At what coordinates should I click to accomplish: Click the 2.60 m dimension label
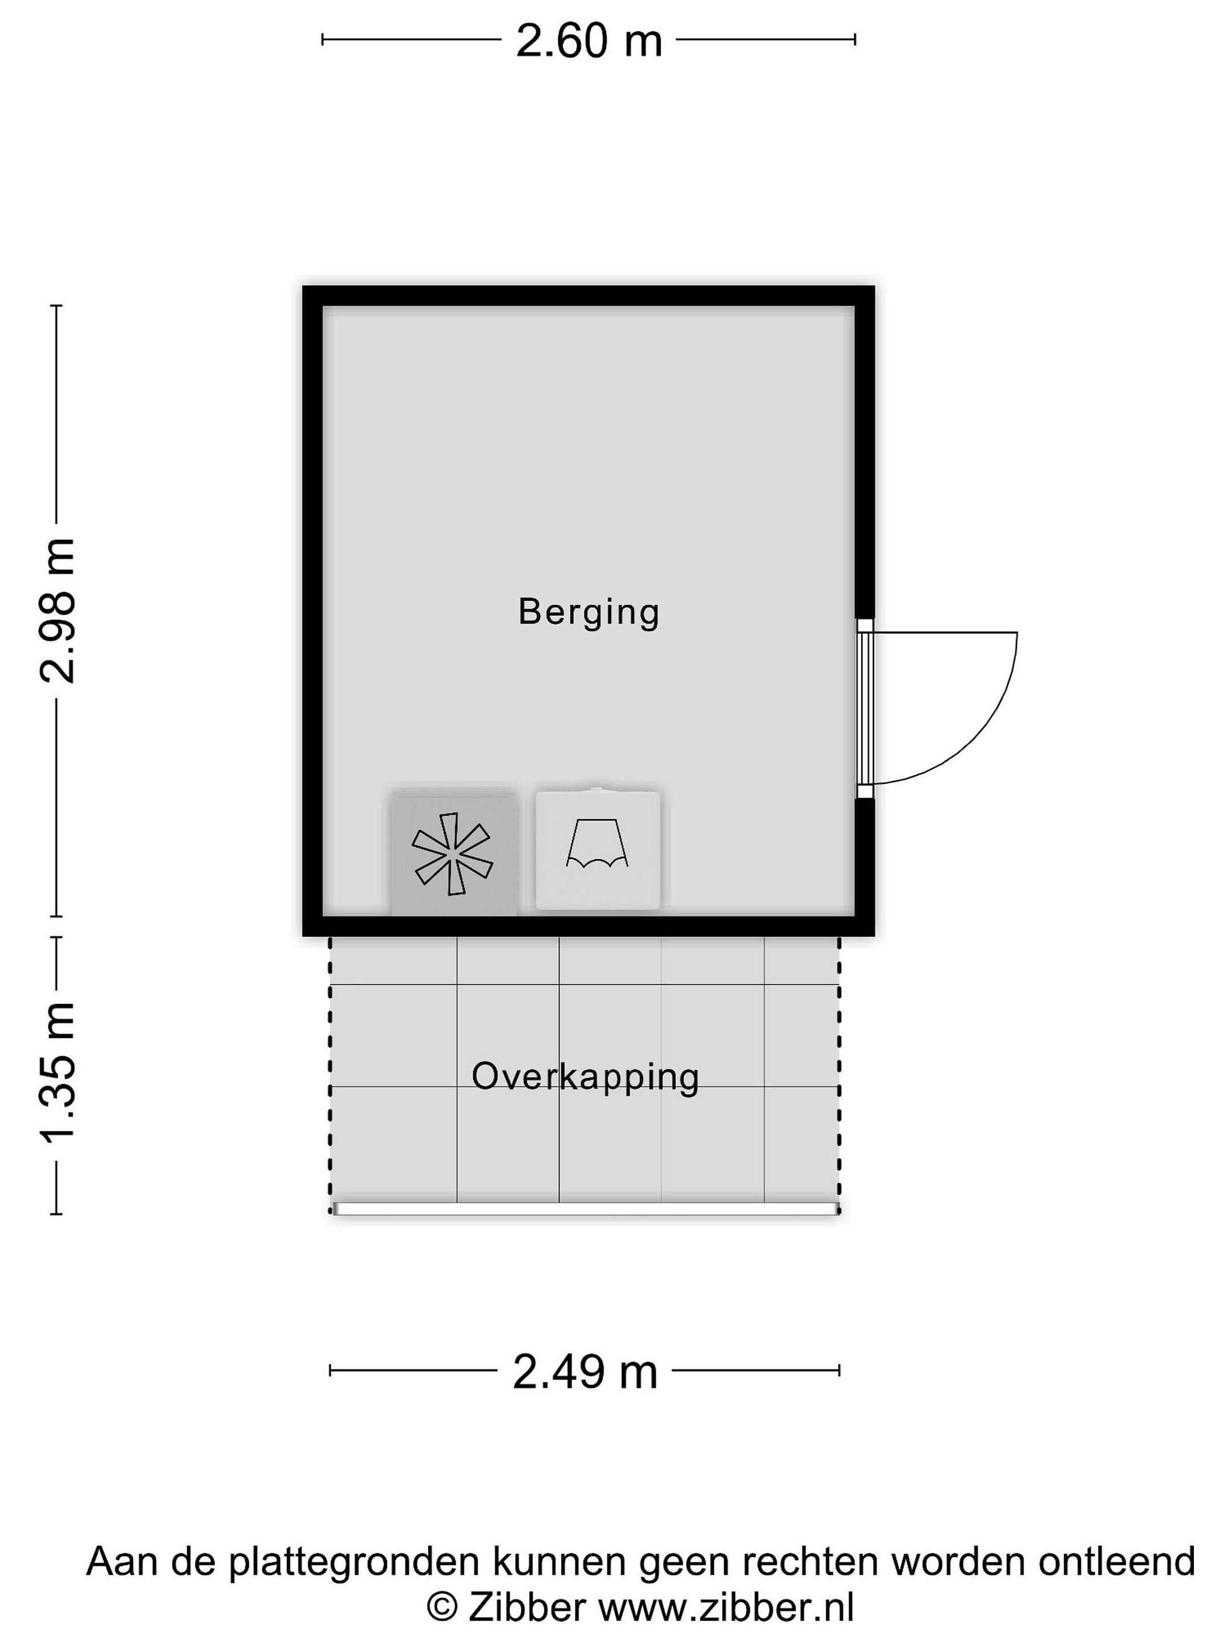589,41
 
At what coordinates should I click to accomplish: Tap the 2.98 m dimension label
57,610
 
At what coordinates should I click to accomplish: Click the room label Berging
589,613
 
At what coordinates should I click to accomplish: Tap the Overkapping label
585,1077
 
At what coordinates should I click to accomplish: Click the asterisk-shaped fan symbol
453,853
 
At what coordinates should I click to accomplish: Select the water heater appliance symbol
598,849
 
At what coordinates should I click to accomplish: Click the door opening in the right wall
865,708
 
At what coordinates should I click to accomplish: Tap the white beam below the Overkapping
586,1209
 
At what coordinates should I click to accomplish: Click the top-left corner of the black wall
303,287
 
